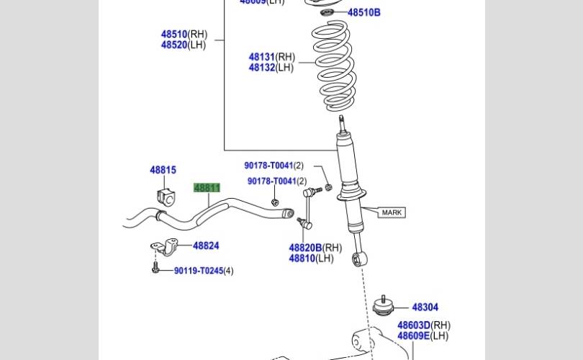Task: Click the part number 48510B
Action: pyautogui.click(x=363, y=12)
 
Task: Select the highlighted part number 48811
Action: pyautogui.click(x=207, y=188)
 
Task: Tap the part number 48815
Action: pyautogui.click(x=163, y=170)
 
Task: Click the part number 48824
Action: pyautogui.click(x=206, y=246)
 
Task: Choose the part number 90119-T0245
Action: pyautogui.click(x=198, y=271)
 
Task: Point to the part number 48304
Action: pyautogui.click(x=425, y=307)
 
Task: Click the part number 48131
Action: pyautogui.click(x=262, y=57)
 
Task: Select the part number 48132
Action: pyautogui.click(x=262, y=68)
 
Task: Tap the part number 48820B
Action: pyautogui.click(x=305, y=248)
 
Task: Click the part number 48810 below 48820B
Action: pyautogui.click(x=302, y=258)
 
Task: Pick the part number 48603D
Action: pyautogui.click(x=413, y=325)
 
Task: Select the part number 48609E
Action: pyautogui.click(x=413, y=336)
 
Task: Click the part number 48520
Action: pyautogui.click(x=174, y=45)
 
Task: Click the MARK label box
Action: pyautogui.click(x=392, y=212)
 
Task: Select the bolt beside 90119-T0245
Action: pyautogui.click(x=155, y=269)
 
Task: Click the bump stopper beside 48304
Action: pyautogui.click(x=385, y=307)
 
